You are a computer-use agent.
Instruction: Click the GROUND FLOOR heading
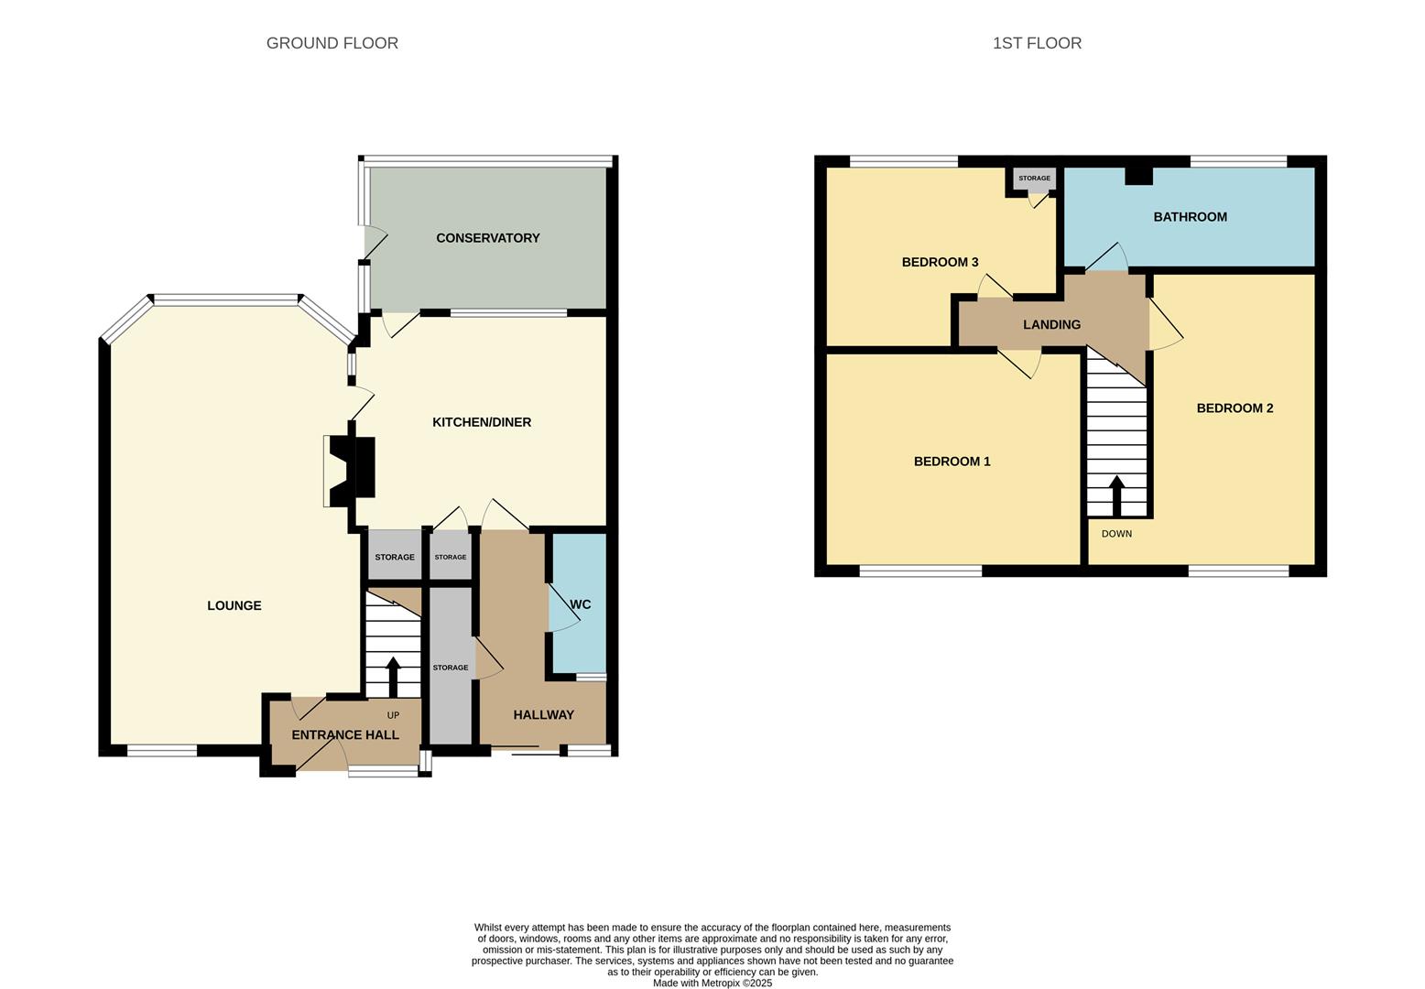[332, 43]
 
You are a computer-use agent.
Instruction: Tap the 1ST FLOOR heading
[1037, 43]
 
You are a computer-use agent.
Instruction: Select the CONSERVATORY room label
[488, 238]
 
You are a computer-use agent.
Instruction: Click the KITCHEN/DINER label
[482, 422]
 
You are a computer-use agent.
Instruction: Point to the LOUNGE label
[234, 605]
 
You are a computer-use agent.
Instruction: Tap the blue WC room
[578, 603]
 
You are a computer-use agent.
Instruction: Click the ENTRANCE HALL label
[345, 734]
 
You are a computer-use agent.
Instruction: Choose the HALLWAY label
[544, 715]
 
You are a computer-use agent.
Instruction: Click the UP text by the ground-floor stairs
[393, 715]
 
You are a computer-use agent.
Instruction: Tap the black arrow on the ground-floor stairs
[393, 677]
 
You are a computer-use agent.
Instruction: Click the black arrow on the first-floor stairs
[1116, 496]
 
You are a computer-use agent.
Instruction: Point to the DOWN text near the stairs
[1116, 534]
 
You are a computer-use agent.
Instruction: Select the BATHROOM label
[1191, 217]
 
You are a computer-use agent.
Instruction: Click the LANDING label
[1051, 324]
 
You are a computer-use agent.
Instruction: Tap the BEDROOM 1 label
[952, 462]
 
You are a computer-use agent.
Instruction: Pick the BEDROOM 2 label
[1235, 408]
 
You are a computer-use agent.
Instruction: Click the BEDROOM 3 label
[940, 262]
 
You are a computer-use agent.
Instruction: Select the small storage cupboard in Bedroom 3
[1034, 179]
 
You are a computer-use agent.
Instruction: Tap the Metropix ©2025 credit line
[712, 984]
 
